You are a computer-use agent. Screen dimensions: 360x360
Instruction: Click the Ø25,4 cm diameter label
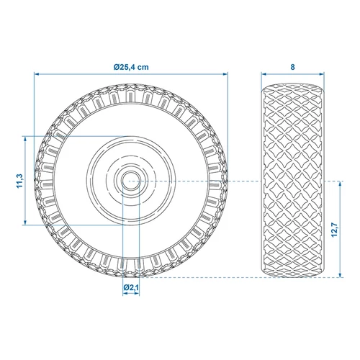[x=131, y=66]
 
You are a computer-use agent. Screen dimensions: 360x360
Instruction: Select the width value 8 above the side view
[x=292, y=66]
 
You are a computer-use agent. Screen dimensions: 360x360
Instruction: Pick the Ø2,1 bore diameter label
[x=131, y=288]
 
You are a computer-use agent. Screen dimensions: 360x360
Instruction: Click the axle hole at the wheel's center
[x=131, y=180]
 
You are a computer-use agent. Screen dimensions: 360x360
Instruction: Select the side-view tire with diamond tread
[x=292, y=180]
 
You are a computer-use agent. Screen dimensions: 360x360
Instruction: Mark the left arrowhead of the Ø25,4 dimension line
[x=37, y=73]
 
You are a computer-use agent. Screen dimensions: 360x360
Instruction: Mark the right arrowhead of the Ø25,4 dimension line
[x=225, y=73]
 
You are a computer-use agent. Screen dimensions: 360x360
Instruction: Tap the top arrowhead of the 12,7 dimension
[x=338, y=182]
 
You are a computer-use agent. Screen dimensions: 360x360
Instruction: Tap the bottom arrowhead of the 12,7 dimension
[x=338, y=274]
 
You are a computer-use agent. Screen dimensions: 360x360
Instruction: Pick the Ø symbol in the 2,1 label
[x=125, y=288]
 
